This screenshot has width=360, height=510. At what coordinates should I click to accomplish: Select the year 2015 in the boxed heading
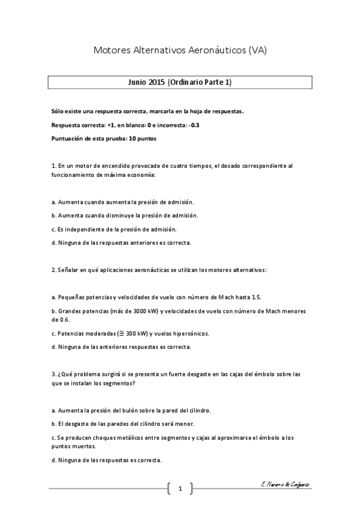pos(157,82)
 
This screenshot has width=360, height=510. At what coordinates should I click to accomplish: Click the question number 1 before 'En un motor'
pos(53,165)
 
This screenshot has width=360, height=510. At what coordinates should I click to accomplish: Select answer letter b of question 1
pos(53,215)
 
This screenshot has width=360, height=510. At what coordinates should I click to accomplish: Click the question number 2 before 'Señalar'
pos(53,270)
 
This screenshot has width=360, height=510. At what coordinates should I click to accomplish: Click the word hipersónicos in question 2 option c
pos(191,333)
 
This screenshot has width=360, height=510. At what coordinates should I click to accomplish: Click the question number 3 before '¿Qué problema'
pos(53,373)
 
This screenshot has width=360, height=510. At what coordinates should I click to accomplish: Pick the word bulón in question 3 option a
pos(121,410)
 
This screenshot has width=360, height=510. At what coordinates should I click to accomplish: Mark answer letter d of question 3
pos(53,460)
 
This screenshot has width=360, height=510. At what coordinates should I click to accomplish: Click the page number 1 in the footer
pos(180,488)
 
